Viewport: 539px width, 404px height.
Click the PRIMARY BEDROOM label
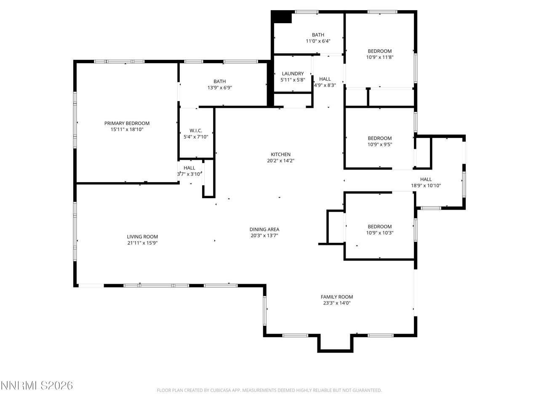click(x=127, y=123)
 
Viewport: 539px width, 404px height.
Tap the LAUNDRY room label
click(x=293, y=74)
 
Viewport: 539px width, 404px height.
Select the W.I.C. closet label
click(x=196, y=131)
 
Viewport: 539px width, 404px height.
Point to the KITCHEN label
click(x=280, y=154)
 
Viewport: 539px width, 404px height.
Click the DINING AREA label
click(x=264, y=229)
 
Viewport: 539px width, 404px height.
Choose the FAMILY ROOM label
click(x=336, y=297)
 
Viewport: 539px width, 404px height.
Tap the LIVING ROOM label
click(x=142, y=237)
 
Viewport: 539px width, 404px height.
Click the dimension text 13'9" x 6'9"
click(x=219, y=88)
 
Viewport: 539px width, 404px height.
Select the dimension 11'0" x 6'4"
click(x=318, y=41)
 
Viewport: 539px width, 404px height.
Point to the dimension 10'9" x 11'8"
click(x=380, y=57)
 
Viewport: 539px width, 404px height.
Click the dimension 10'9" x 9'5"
click(x=380, y=144)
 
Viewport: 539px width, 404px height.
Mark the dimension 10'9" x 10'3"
click(x=380, y=233)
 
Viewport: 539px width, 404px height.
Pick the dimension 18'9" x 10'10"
click(x=426, y=186)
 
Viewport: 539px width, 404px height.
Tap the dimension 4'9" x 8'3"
click(x=325, y=85)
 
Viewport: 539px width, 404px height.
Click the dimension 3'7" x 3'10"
click(x=189, y=174)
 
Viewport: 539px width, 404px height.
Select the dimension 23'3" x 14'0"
click(x=336, y=303)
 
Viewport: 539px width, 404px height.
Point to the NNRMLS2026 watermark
click(x=37, y=385)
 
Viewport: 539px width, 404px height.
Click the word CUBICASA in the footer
click(x=219, y=390)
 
